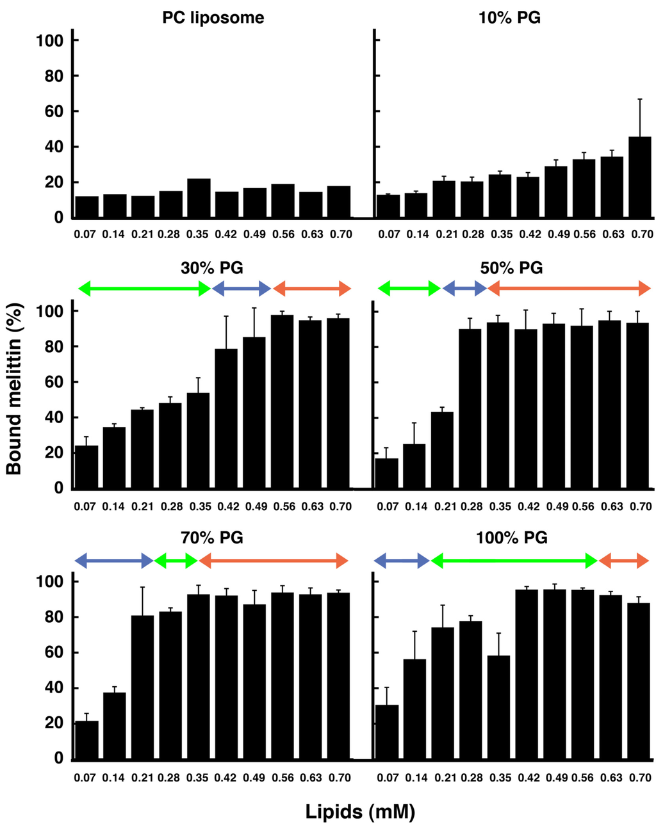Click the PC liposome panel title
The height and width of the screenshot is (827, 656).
coord(213,17)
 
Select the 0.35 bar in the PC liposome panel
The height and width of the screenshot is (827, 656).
coord(199,198)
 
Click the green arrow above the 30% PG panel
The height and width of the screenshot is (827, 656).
coord(144,289)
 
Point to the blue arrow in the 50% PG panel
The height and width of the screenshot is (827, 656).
coord(464,289)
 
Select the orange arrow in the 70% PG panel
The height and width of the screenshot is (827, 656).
coord(274,561)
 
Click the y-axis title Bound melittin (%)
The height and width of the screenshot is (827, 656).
coord(14,389)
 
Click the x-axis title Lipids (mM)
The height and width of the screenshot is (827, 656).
coord(360,812)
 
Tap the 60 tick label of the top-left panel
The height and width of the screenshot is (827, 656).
coord(49,111)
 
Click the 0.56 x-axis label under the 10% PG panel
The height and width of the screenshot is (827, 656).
coord(585,234)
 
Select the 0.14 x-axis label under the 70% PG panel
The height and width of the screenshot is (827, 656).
coord(114,778)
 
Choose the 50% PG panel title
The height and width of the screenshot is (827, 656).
coord(511,268)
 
